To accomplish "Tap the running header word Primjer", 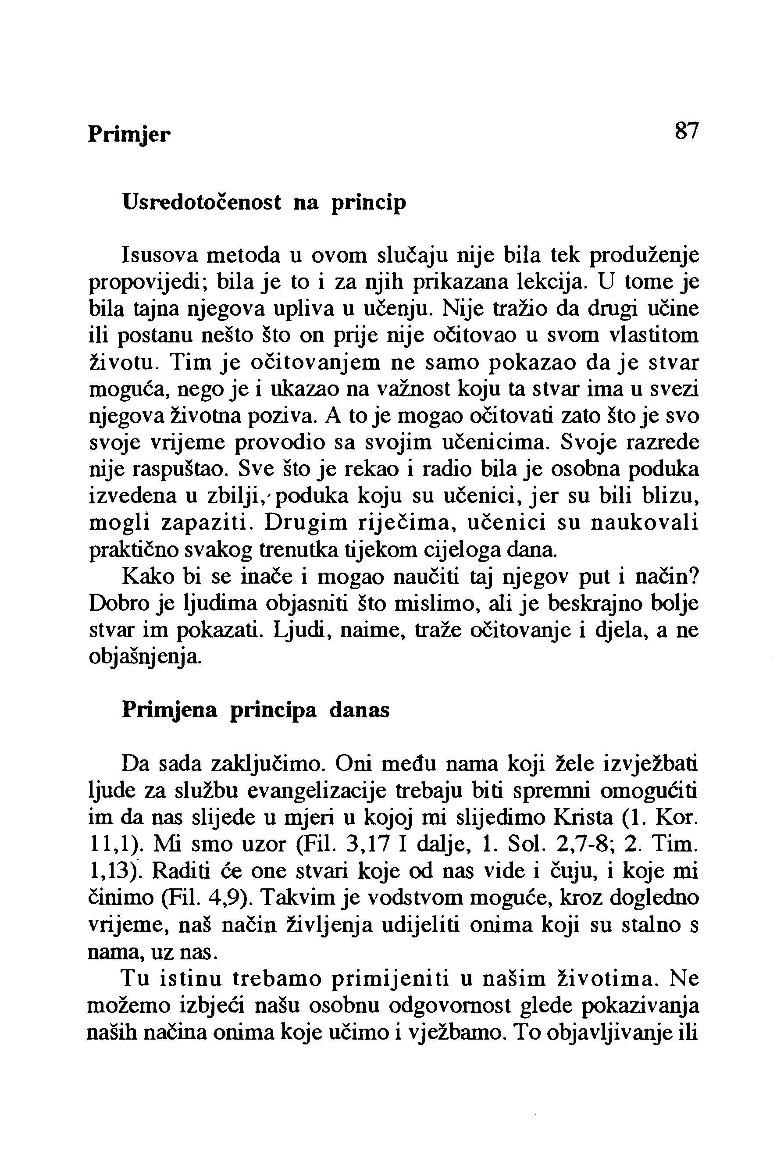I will [129, 135].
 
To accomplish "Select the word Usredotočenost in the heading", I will [202, 203].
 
